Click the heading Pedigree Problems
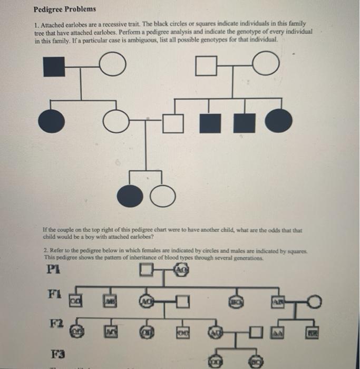click(64, 9)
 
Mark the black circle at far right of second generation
click(278, 122)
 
